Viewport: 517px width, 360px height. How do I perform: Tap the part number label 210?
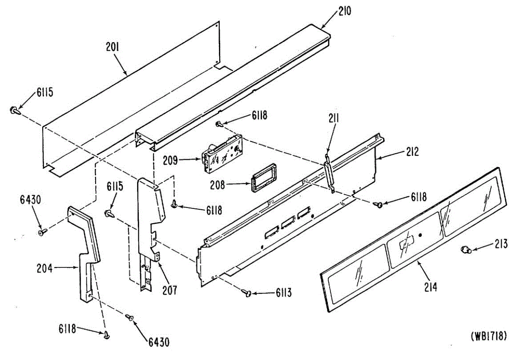[345, 11]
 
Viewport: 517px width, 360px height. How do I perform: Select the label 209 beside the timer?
[169, 161]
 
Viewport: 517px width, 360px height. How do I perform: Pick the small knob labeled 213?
[465, 249]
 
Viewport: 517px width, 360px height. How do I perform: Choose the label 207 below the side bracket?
[169, 290]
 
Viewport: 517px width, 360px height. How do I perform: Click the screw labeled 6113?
[248, 293]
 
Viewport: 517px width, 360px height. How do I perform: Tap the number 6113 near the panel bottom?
[283, 294]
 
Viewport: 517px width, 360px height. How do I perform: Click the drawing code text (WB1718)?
[488, 335]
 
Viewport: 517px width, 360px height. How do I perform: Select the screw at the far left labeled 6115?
[14, 110]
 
